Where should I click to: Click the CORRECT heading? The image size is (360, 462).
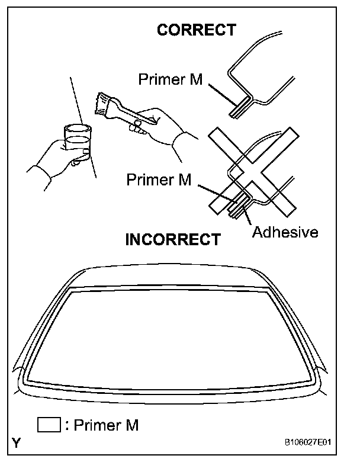point(196,30)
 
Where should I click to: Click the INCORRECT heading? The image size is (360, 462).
point(172,239)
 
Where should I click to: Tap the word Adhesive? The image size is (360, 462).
point(285,231)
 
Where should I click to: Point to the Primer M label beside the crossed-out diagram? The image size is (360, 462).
point(159,179)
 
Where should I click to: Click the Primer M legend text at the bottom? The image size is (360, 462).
point(105,425)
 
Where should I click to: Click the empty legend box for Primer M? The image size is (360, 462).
point(49,425)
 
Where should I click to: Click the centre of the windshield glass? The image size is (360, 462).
point(172,335)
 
